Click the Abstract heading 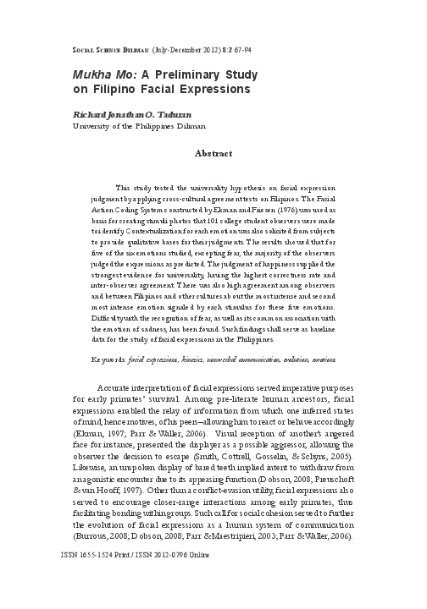click(213, 155)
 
